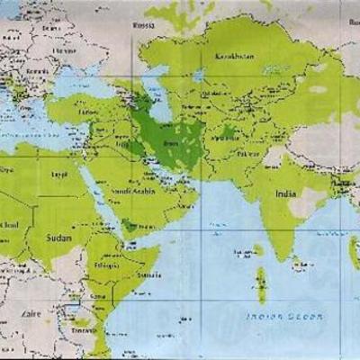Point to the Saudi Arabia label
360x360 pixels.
click(131, 191)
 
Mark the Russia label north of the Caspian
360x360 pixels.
click(145, 25)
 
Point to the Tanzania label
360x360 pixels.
click(86, 330)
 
